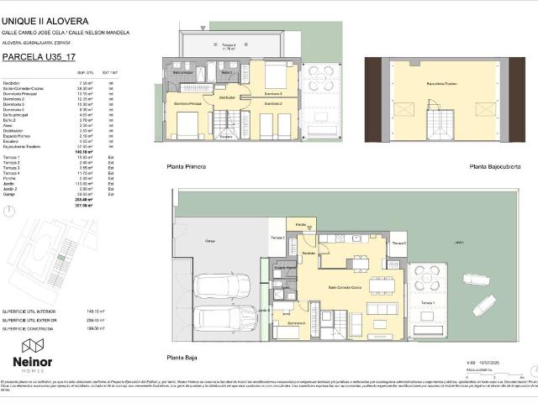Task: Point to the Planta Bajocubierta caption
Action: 494,167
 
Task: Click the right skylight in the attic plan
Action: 484,109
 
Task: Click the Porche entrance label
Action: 302,224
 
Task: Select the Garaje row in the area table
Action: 11,194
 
